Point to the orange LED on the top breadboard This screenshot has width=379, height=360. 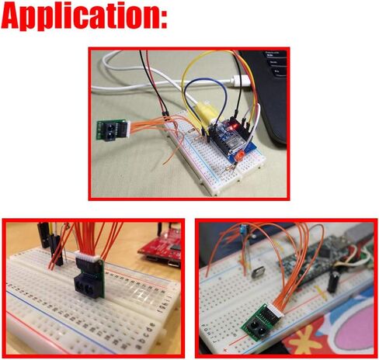[x=239, y=156]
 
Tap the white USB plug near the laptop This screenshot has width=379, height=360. [x=241, y=80]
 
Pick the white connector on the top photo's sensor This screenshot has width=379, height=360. [x=127, y=127]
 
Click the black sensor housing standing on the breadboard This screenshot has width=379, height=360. [x=88, y=279]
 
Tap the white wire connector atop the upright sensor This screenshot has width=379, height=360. [x=87, y=256]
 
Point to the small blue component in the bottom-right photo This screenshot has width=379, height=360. [x=244, y=228]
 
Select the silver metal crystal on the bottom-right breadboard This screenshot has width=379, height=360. [x=259, y=273]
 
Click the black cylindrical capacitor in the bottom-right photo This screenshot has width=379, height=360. [x=333, y=281]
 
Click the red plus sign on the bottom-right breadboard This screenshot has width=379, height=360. [x=224, y=351]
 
